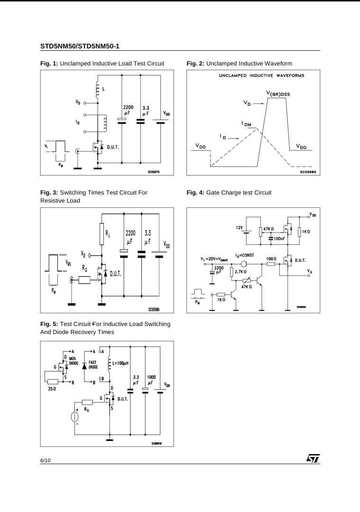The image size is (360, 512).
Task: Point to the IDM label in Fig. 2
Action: [x=248, y=124]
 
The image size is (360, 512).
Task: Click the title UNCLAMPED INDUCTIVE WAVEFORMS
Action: [x=261, y=75]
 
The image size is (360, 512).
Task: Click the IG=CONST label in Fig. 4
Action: [x=245, y=255]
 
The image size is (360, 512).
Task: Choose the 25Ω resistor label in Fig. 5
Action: [x=52, y=389]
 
